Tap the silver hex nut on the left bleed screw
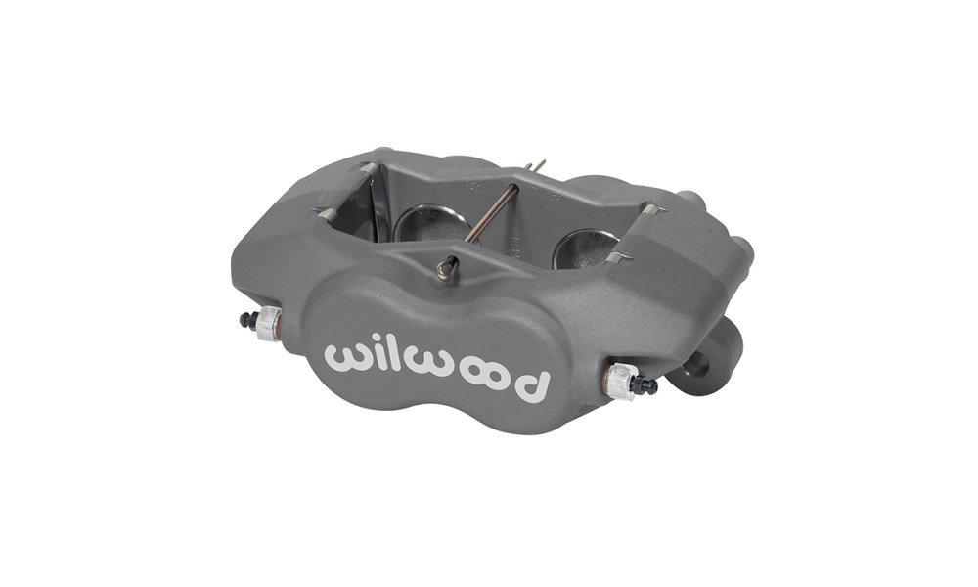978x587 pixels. click(x=268, y=323)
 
